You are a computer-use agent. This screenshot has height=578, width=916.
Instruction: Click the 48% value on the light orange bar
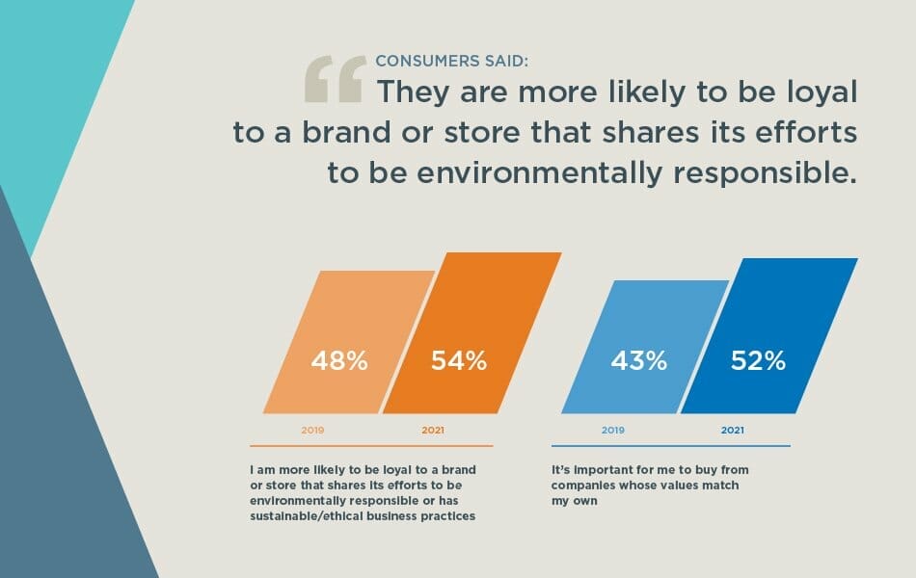pos(338,361)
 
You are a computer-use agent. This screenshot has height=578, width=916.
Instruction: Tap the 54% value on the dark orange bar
pos(458,361)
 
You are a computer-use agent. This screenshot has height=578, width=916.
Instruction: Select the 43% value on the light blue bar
pos(638,361)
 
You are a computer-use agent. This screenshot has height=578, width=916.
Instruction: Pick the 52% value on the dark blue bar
pos(757,361)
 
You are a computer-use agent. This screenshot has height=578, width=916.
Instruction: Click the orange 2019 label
pos(312,430)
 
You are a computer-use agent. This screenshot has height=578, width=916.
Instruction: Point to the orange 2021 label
pos(433,430)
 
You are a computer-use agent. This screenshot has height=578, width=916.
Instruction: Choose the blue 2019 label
pos(613,430)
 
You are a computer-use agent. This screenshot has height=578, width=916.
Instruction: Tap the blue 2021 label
pos(733,430)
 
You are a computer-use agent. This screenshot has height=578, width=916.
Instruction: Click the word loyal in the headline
pos(809,92)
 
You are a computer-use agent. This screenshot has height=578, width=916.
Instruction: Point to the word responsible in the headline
pos(760,173)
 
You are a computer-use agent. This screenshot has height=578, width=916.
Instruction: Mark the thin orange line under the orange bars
pos(371,446)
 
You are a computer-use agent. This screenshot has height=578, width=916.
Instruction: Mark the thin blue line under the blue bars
pos(671,446)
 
